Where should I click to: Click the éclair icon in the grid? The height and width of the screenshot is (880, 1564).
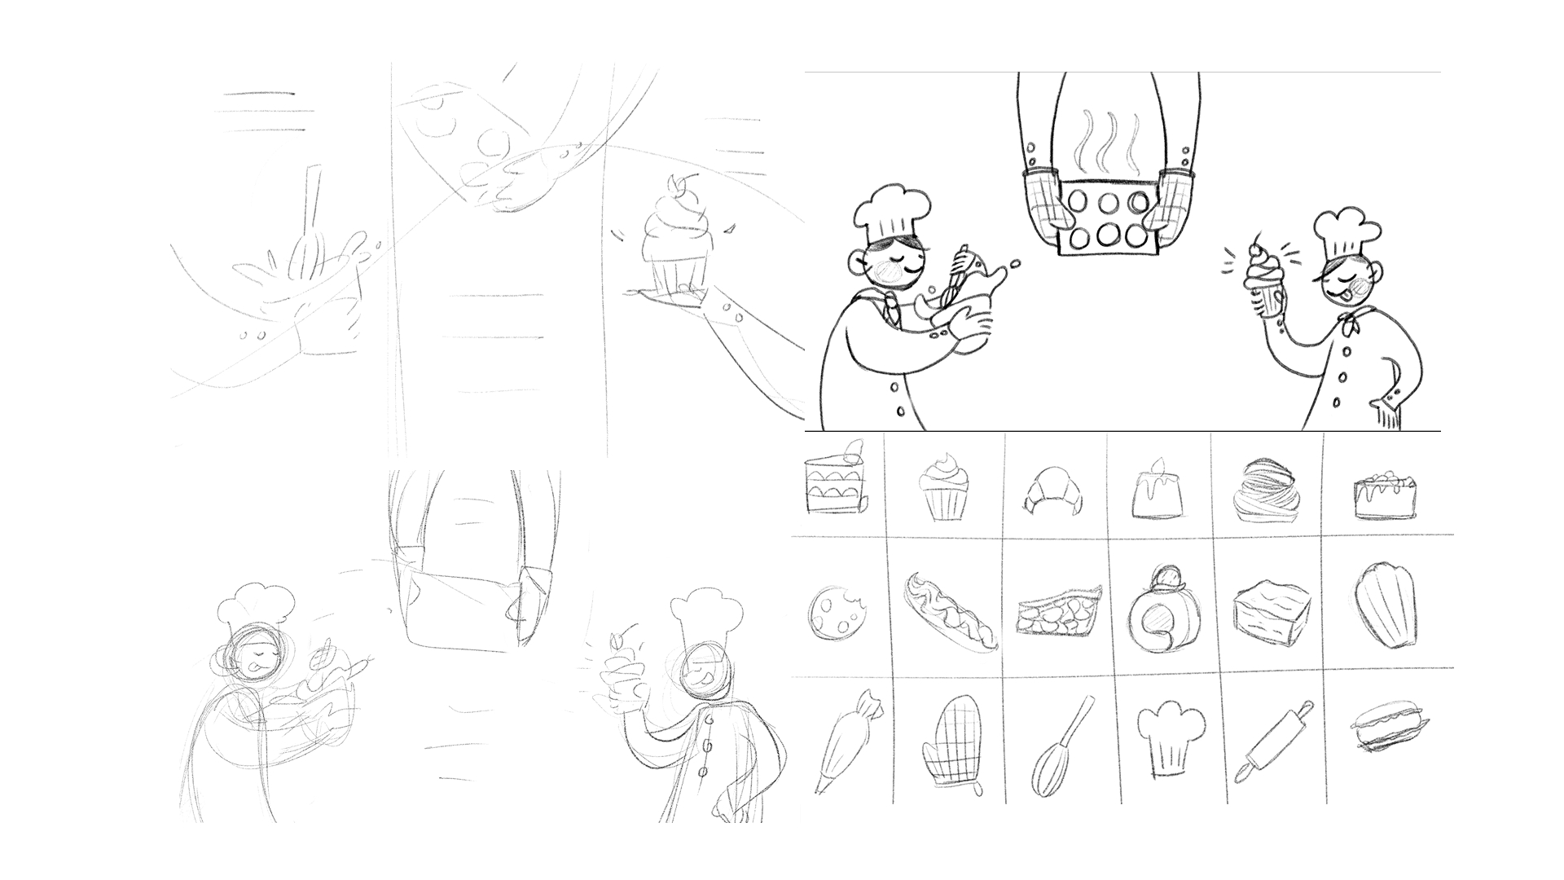(951, 612)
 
